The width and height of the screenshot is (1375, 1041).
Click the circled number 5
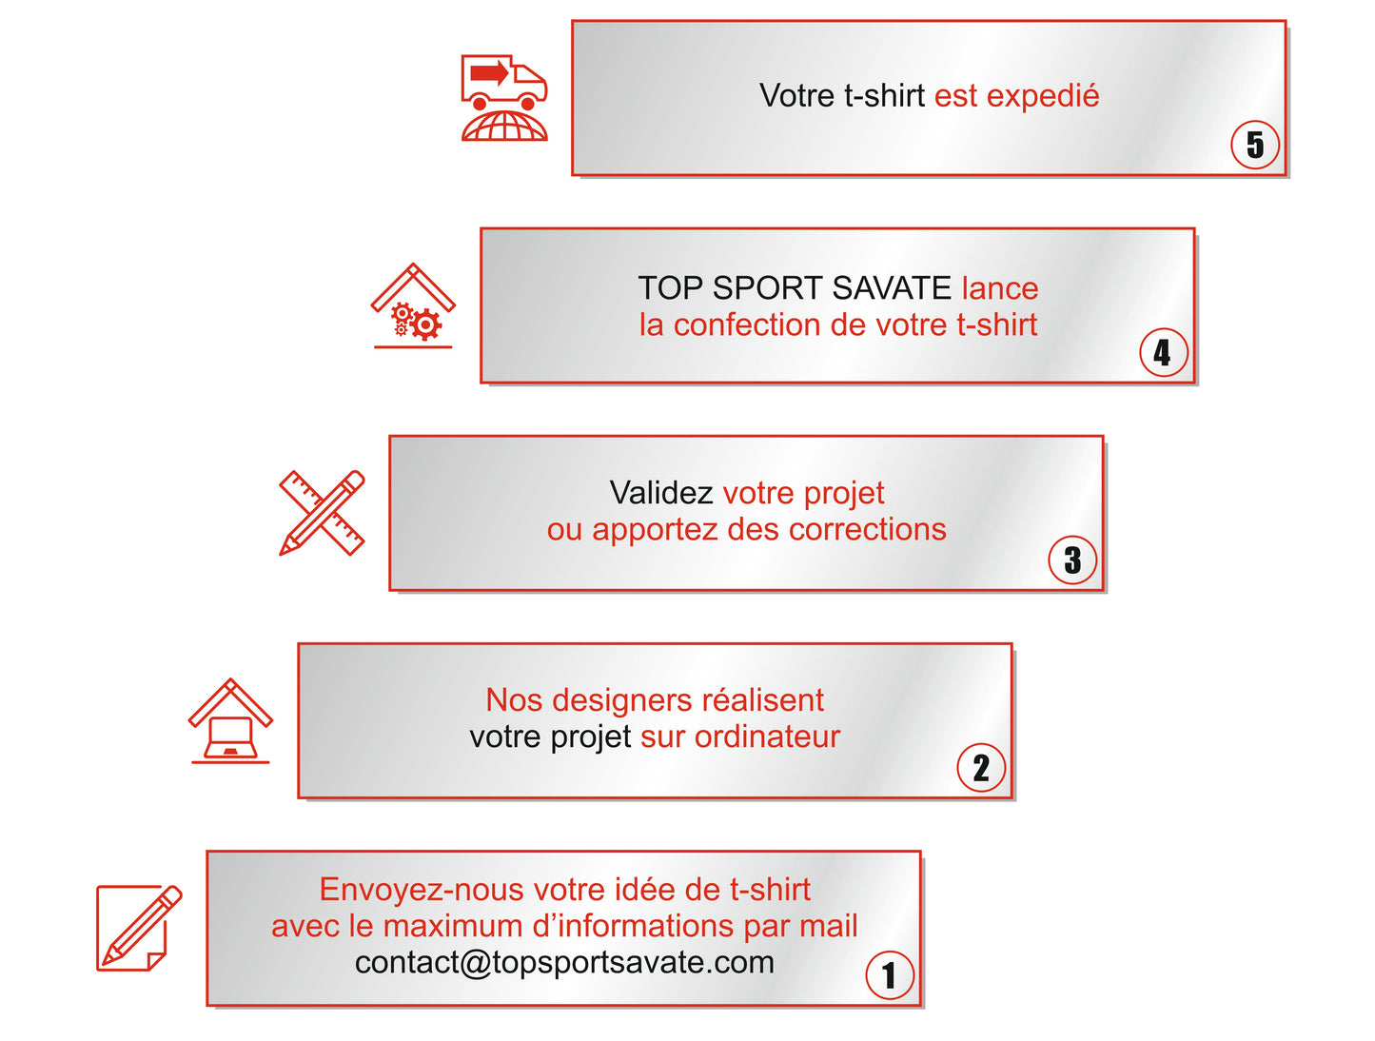point(1255,145)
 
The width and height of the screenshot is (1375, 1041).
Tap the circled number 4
point(1163,353)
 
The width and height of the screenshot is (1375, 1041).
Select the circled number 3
point(1072,560)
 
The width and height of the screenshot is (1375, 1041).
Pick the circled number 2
point(981,768)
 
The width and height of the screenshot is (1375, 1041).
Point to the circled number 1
point(890,975)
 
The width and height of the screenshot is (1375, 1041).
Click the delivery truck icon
point(504,82)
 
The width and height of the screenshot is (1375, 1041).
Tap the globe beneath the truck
point(504,127)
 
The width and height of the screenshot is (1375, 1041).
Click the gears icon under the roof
point(416,322)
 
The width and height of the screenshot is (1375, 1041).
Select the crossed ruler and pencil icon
point(322,513)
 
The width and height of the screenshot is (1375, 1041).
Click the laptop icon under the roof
point(230,737)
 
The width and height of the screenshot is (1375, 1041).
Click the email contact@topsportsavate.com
point(564,962)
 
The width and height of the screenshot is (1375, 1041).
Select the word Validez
point(661,493)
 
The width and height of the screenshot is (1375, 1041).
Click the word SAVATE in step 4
point(893,287)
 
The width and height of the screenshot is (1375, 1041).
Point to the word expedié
point(1043,96)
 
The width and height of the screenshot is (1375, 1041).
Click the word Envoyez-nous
point(422,890)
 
